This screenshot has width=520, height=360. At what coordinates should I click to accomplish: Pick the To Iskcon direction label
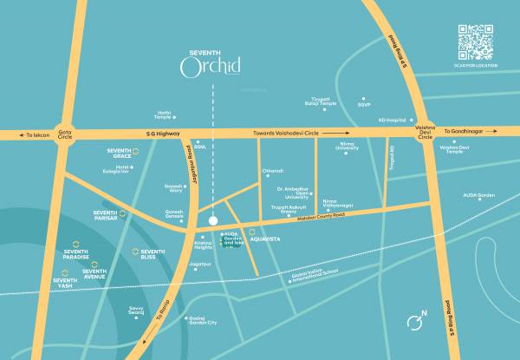38,136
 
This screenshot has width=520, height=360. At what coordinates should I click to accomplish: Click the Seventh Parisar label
105,215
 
